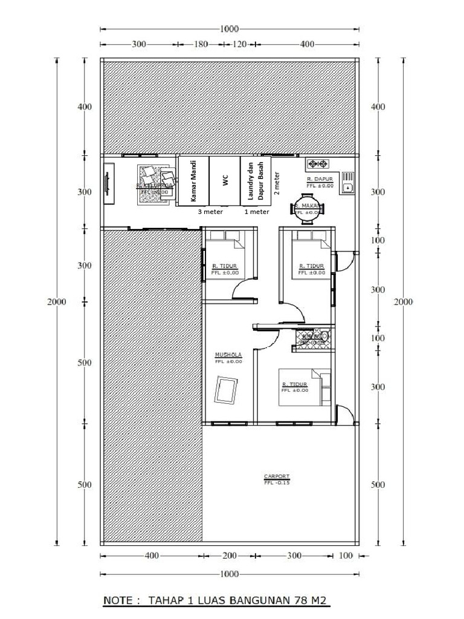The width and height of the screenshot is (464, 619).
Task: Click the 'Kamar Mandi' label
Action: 193,181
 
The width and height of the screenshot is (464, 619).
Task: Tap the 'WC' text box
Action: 225,181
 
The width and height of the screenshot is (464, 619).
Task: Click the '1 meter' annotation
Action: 256,212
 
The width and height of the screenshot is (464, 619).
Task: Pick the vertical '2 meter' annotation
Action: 277,181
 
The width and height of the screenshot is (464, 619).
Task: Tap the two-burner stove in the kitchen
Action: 317,164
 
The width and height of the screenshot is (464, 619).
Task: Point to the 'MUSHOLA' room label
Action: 228,355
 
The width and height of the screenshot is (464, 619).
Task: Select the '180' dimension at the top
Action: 201,45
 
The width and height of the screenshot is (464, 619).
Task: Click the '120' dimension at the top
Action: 240,45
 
